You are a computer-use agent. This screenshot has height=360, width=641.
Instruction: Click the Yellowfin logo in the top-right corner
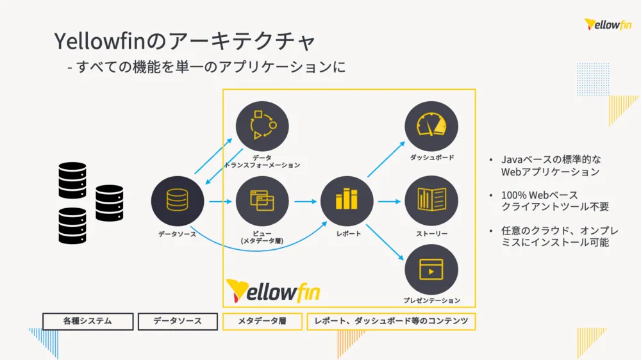pos(608,25)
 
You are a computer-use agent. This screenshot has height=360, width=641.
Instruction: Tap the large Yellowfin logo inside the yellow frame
pos(273,291)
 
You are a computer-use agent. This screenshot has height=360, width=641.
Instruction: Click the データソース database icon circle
pos(178,202)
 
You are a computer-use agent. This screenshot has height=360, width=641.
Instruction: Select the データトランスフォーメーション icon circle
pos(262,127)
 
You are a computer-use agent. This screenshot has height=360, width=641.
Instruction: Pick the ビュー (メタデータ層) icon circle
pos(262,202)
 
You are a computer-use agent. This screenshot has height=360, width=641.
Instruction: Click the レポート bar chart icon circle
pos(347,202)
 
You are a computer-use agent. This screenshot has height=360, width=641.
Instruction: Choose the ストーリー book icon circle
pos(431,202)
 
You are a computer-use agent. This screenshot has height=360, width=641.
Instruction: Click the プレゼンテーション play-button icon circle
pos(431,270)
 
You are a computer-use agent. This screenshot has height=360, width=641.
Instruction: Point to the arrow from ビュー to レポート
pos(305,202)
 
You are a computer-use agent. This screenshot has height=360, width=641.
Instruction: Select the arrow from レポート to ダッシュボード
pos(386,159)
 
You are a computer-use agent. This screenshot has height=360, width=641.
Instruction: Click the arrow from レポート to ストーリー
pos(389,202)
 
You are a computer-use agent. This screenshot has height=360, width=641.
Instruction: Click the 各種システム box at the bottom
pos(88,321)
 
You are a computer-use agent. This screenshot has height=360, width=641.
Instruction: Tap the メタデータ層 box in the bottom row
pos(262,321)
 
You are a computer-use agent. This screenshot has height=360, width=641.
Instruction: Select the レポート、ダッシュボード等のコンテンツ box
pos(392,321)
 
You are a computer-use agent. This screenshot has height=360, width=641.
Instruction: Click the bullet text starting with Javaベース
pos(551,165)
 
